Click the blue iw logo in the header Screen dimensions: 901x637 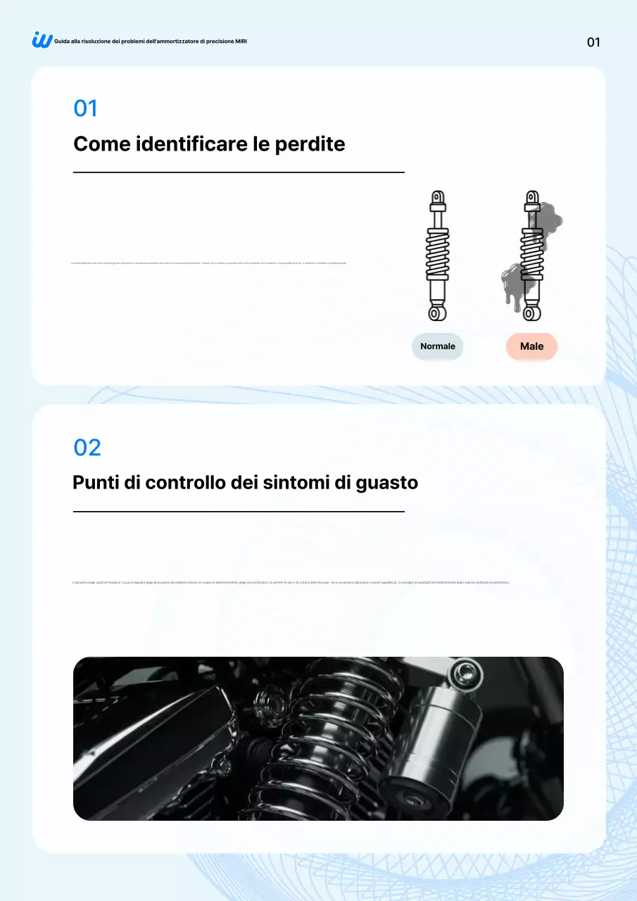point(42,40)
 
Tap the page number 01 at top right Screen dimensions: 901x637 point(593,42)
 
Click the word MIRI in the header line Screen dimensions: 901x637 point(241,42)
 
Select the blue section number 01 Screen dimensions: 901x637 point(86,108)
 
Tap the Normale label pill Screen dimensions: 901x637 point(438,346)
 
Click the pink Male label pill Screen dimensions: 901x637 point(531,346)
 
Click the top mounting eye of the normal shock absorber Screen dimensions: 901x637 point(437,198)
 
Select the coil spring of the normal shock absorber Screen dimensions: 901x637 point(437,254)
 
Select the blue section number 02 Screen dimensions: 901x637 point(87,447)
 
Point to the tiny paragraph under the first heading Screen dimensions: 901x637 point(209,263)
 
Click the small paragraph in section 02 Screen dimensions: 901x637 point(291,583)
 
